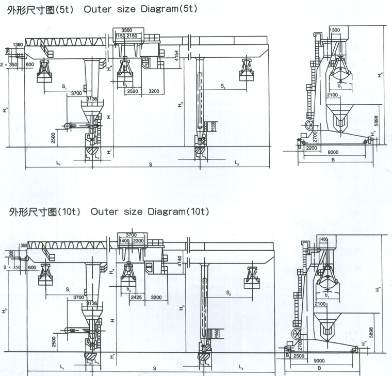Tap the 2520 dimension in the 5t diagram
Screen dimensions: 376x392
tap(133, 91)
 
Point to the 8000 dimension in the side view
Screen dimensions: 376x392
tap(334, 152)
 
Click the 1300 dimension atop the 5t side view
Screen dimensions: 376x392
tap(334, 30)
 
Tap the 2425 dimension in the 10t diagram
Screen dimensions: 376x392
tap(137, 297)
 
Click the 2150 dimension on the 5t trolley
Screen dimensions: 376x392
tap(133, 36)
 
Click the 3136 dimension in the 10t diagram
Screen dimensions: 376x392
tap(92, 303)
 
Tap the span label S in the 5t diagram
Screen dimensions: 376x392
tap(150, 165)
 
